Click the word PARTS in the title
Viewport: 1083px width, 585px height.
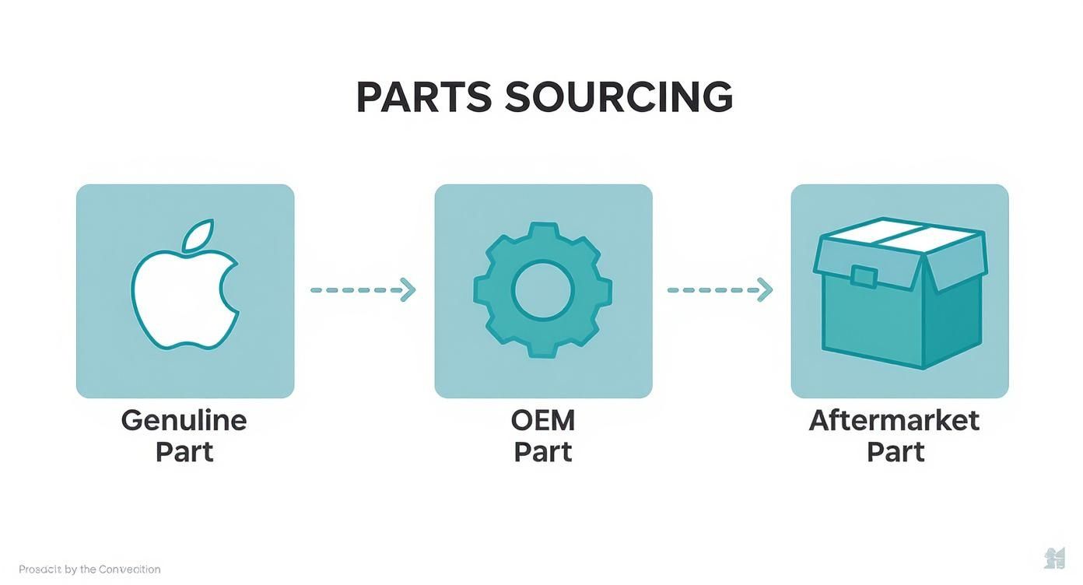pyautogui.click(x=423, y=98)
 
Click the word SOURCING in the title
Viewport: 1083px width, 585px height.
pyautogui.click(x=619, y=98)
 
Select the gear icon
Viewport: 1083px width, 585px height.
pyautogui.click(x=542, y=289)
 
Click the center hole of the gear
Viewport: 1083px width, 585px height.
pyautogui.click(x=542, y=290)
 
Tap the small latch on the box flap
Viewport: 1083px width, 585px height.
pyautogui.click(x=864, y=275)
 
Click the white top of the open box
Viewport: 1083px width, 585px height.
pyautogui.click(x=899, y=231)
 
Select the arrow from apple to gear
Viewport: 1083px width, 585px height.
pyautogui.click(x=363, y=290)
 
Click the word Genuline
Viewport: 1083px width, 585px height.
pyautogui.click(x=184, y=421)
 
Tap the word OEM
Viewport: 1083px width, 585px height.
pyautogui.click(x=542, y=421)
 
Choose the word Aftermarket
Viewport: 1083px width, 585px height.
pyautogui.click(x=894, y=421)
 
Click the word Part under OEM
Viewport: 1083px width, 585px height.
pyautogui.click(x=542, y=452)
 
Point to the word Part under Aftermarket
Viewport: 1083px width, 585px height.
pyautogui.click(x=895, y=452)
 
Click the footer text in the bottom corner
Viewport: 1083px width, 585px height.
pyautogui.click(x=89, y=569)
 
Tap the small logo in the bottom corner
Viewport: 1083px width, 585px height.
pyautogui.click(x=1053, y=558)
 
